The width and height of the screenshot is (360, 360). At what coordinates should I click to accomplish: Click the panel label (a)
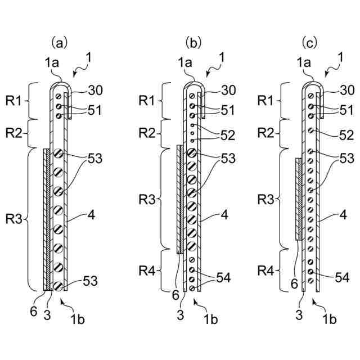pos(60,42)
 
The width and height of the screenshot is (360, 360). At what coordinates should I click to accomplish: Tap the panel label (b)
pos(193,42)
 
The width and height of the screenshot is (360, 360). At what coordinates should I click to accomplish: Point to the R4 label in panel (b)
pos(148,271)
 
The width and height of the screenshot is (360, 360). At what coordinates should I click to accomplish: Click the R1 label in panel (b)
pos(148,101)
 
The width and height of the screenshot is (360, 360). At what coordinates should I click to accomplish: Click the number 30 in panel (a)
pos(96,89)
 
